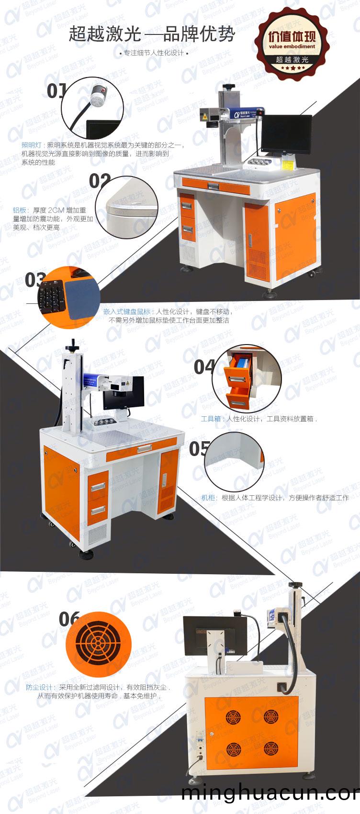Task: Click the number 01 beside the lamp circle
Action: click(x=56, y=90)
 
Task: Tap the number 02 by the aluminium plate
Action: click(x=100, y=181)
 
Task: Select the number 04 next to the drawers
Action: click(x=204, y=367)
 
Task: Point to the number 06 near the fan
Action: click(x=69, y=619)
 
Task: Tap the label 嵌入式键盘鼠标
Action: click(x=126, y=312)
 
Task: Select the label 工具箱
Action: click(x=211, y=419)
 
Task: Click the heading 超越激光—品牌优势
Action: click(x=152, y=34)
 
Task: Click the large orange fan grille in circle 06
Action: click(x=98, y=644)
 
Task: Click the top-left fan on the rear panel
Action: click(x=233, y=716)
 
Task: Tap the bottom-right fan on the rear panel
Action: click(x=270, y=748)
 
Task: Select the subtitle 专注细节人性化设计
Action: click(x=153, y=53)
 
